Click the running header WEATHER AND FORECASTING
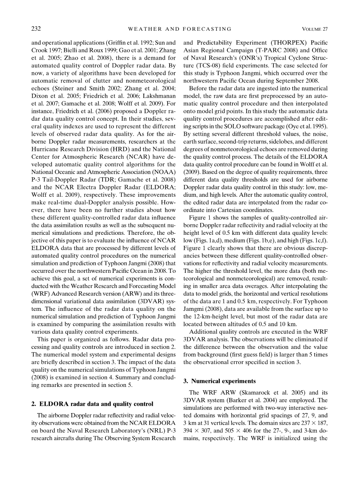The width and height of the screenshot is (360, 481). coord(180,29)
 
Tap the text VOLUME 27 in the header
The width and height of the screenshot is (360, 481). coord(315,29)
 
